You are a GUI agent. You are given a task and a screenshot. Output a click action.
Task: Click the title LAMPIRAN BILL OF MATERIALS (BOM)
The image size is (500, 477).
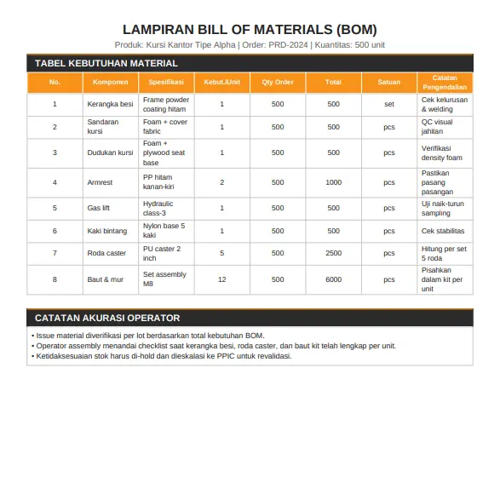[x=250, y=30]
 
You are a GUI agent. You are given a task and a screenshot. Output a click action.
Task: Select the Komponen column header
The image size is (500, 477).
[x=110, y=83]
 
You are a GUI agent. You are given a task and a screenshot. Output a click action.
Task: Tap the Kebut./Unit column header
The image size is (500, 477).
[x=221, y=83]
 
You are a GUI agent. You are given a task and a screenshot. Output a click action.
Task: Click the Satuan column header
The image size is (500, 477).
[x=388, y=83]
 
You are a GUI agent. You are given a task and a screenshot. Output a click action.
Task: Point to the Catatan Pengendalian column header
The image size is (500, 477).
[x=444, y=83]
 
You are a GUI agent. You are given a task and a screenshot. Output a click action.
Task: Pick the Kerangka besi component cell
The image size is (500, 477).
[x=110, y=104]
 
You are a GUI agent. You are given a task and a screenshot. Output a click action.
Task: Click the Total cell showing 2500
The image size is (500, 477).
[x=333, y=253]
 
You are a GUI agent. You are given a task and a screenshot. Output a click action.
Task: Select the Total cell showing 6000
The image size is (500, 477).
[x=333, y=279]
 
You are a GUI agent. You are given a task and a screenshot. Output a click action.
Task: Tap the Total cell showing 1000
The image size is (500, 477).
[x=333, y=182]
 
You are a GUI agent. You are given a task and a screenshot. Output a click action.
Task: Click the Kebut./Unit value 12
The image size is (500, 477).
[x=221, y=279]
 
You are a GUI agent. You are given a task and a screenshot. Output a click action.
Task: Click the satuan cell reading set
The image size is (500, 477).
[x=388, y=104]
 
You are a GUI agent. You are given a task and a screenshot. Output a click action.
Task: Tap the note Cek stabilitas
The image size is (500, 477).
[x=444, y=231]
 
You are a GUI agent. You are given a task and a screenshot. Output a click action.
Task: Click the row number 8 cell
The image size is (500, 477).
[x=55, y=279]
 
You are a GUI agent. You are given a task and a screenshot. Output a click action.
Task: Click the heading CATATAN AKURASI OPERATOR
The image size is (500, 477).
[x=107, y=318]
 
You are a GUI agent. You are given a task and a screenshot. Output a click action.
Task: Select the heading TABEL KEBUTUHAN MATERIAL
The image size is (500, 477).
[x=106, y=63]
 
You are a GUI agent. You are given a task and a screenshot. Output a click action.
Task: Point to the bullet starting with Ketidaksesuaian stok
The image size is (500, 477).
[x=162, y=356]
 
